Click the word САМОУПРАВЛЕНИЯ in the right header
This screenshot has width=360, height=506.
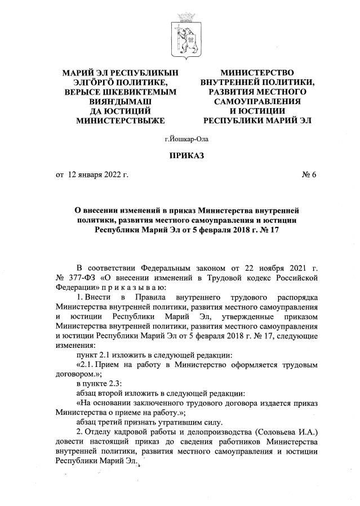[257, 101]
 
